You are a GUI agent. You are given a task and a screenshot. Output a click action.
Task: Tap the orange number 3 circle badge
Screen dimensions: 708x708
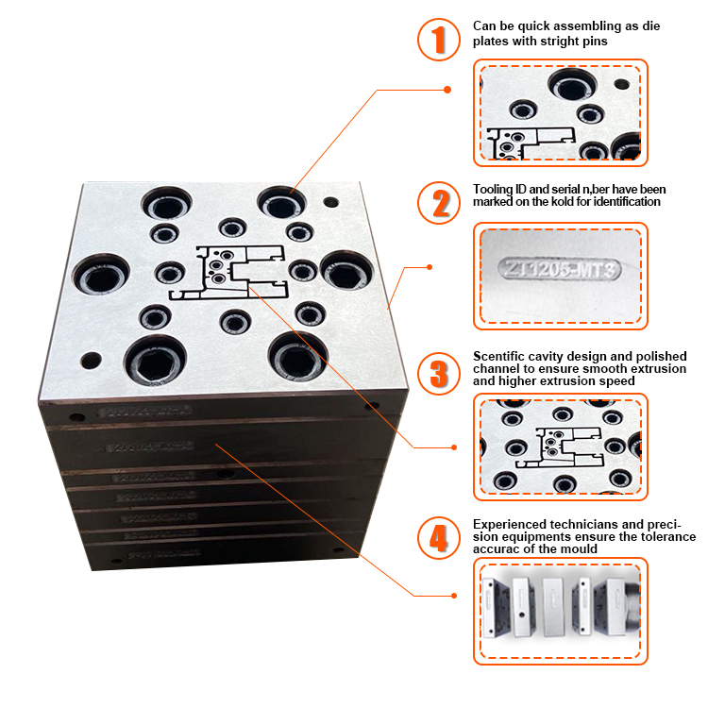pos(437,372)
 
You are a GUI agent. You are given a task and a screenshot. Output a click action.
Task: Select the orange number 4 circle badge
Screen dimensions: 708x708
pos(437,538)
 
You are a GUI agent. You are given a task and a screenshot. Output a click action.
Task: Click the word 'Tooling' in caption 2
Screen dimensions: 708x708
pos(492,189)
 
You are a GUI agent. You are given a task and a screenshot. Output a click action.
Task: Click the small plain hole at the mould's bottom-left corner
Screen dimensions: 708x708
pos(91,360)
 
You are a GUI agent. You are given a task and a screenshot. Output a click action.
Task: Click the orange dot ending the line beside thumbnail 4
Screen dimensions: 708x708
pos(454,595)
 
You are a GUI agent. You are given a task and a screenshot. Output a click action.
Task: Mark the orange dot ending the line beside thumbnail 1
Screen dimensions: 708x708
pos(447,90)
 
